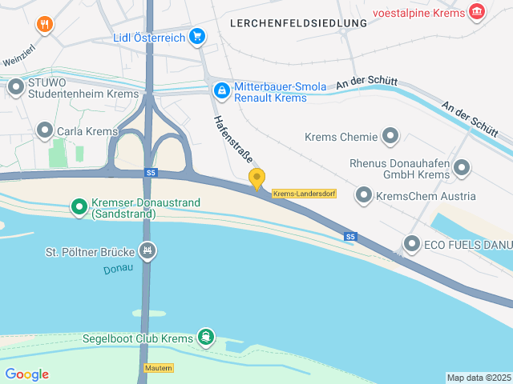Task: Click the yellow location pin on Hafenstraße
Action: [256, 178]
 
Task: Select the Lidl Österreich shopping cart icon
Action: [197, 36]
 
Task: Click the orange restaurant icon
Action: [45, 24]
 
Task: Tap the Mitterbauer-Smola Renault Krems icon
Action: [220, 91]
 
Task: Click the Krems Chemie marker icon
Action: [390, 137]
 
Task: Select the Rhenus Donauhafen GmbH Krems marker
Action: [462, 168]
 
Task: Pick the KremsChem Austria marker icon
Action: [364, 195]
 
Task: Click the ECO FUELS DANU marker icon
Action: [412, 244]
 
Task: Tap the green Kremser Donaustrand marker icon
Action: [79, 208]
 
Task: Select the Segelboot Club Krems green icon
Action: [206, 338]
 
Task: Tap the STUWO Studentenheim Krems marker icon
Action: [16, 86]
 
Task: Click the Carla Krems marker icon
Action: [45, 130]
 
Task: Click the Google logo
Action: [26, 374]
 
